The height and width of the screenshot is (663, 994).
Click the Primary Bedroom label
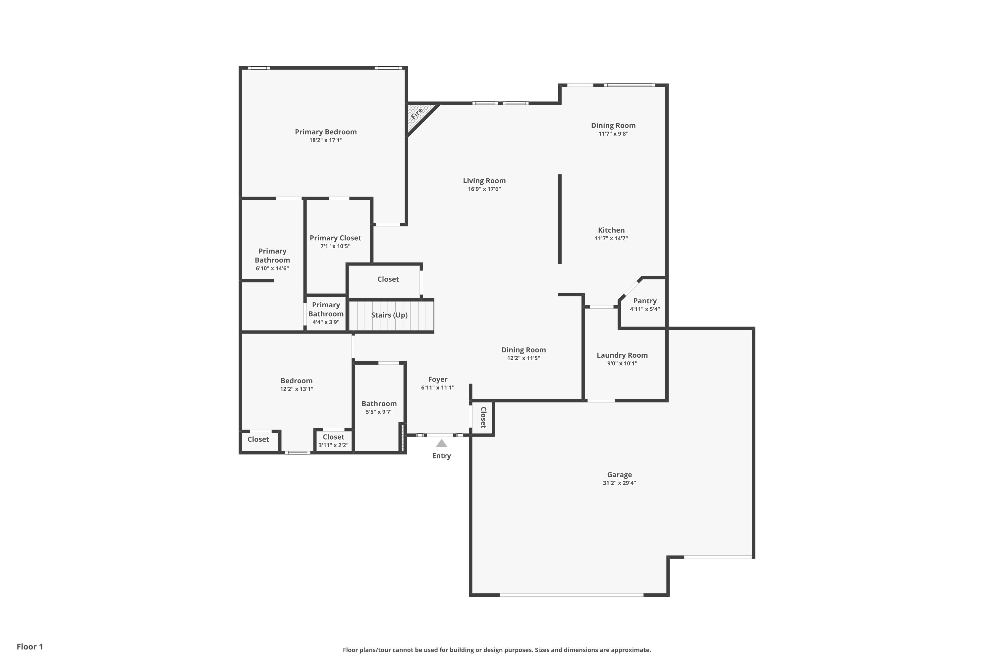tap(325, 132)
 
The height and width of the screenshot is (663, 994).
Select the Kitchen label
tap(611, 230)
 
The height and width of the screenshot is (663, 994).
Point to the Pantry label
tap(644, 301)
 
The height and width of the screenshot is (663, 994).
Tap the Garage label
tap(619, 474)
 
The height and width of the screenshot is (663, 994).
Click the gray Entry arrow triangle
tap(441, 444)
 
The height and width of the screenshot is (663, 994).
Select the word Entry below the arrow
tap(441, 456)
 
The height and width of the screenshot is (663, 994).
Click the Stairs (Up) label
tap(389, 315)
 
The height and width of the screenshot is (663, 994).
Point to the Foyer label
tap(437, 379)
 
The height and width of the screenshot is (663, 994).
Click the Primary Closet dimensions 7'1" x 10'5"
tap(335, 246)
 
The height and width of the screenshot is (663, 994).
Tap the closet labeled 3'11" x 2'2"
tap(333, 441)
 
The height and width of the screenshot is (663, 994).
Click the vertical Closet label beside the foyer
tap(483, 417)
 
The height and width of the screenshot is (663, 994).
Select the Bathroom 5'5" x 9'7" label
tap(379, 407)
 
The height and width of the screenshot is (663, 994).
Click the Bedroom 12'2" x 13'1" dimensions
tap(296, 389)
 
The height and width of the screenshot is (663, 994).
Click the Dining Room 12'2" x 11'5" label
tap(523, 353)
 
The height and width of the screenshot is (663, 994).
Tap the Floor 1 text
tap(29, 646)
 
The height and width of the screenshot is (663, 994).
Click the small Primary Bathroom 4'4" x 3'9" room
tap(326, 313)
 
